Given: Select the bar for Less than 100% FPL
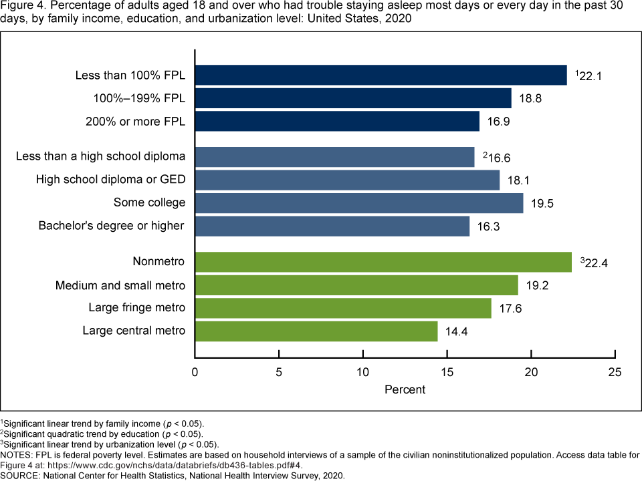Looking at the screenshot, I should point(381,75).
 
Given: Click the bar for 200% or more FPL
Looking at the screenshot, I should point(338,122).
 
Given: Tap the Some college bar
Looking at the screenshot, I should point(360,203).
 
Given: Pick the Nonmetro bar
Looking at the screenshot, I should point(384,262).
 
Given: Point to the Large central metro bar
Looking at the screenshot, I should point(316,331).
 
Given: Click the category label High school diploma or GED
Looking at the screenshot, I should point(110,179).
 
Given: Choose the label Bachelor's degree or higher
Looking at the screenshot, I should point(111,225).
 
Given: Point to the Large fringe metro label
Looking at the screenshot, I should point(137,307).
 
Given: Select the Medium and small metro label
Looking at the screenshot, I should point(120,285).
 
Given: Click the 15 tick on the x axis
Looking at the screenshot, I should point(447,371).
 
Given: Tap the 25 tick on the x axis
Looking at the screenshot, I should point(615,371).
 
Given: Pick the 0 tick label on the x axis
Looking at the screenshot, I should point(195,371).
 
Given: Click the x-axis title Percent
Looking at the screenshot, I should point(405,389).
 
